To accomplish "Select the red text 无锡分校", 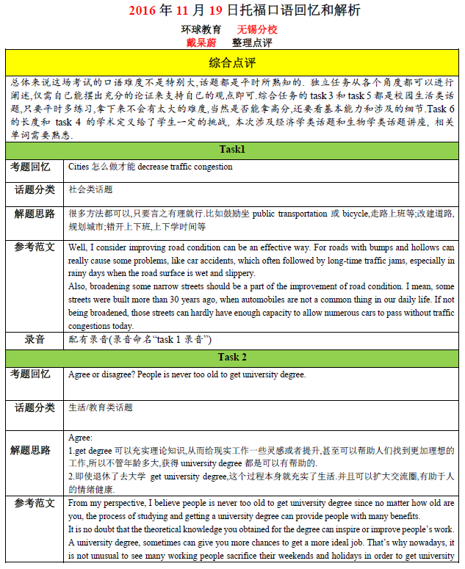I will click(257, 30).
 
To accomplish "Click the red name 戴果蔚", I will click(201, 43).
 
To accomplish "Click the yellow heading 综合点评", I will click(232, 61).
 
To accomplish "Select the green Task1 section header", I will click(232, 150).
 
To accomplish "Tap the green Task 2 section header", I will click(232, 357).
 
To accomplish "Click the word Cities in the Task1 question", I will click(79, 167).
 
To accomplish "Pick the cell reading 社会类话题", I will click(91, 189).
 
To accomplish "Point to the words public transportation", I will click(290, 214).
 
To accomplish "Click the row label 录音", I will click(35, 340).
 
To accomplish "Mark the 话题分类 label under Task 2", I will click(35, 407).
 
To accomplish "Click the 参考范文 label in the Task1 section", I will click(35, 247).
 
